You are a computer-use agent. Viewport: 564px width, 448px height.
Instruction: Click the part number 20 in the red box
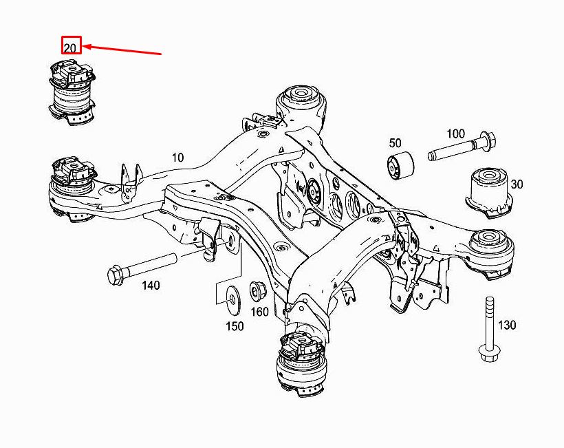[71, 46]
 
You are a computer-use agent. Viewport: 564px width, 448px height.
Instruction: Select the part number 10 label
[177, 158]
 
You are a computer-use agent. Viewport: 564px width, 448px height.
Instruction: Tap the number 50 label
[395, 143]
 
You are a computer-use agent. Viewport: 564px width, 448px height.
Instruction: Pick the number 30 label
[517, 184]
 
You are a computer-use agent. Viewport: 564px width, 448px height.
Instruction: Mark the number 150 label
[235, 326]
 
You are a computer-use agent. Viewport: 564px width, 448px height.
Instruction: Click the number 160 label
[259, 312]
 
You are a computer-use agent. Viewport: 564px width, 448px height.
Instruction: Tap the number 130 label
[507, 325]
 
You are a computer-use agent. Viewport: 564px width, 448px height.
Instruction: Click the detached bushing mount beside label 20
[72, 93]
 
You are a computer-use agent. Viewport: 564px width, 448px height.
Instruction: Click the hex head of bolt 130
[488, 354]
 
